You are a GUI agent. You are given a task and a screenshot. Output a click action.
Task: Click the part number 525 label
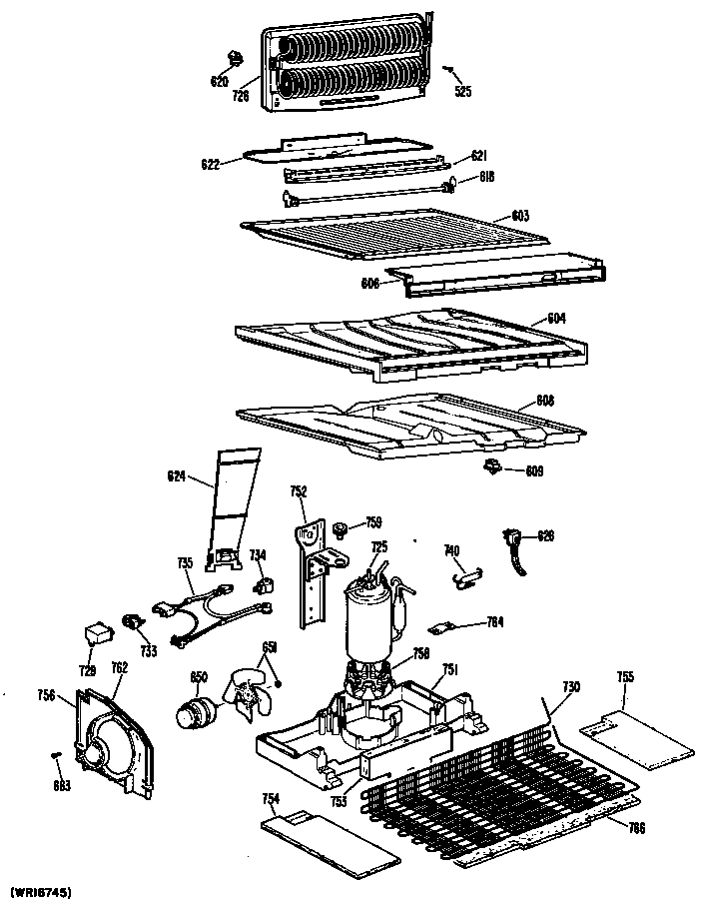[462, 93]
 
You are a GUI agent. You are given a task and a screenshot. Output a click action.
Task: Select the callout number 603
[520, 216]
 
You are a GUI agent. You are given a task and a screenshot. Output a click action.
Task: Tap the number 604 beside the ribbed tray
[556, 319]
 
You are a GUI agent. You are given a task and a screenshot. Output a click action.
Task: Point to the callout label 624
[177, 477]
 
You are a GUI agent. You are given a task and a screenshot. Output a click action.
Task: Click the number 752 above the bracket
[299, 490]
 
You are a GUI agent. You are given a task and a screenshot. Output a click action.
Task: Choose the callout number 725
[379, 546]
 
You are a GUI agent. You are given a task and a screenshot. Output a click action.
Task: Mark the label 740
[451, 550]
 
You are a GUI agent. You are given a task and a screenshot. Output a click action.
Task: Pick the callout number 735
[185, 563]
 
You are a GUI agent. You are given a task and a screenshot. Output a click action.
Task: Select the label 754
[269, 797]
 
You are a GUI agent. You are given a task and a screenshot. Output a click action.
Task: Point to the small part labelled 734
[267, 582]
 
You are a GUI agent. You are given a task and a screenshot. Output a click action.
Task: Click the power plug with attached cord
[516, 548]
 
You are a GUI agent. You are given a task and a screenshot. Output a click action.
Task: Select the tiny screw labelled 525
[450, 70]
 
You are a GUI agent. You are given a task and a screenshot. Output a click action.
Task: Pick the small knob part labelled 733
[130, 623]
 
